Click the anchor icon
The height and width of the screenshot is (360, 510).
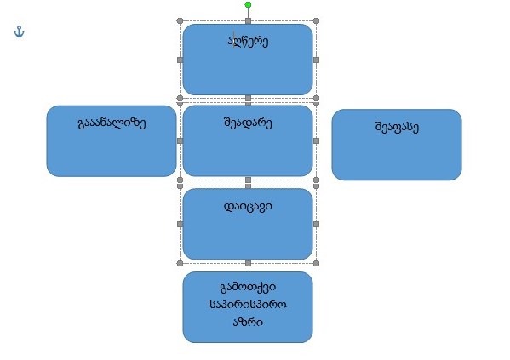coord(20,31)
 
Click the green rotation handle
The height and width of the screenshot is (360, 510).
coord(248,4)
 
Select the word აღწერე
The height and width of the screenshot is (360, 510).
coord(248,42)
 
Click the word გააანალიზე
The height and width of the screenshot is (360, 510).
coord(112,123)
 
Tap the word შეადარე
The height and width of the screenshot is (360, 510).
coord(248,123)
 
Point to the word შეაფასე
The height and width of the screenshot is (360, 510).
coord(397,127)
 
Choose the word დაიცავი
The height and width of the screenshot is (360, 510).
coord(248,206)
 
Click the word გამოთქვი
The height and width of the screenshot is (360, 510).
coord(248,287)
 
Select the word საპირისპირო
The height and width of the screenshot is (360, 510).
coord(248,305)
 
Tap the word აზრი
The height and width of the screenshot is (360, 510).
coord(248,322)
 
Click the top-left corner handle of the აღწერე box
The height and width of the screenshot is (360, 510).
coord(180,20)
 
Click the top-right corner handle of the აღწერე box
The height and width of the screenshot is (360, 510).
coord(316,20)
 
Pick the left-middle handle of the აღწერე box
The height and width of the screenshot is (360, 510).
coord(180,60)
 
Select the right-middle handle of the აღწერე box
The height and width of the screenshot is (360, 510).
coord(316,60)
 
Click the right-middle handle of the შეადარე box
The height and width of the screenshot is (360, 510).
coord(316,140)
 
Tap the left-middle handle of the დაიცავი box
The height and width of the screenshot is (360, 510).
coord(180,225)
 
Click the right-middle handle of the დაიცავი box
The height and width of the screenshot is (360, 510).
coord(316,225)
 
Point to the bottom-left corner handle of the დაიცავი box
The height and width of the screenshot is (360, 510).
coord(180,264)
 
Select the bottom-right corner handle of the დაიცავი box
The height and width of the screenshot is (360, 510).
coord(316,264)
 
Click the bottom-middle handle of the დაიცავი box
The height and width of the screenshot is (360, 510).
coord(248,264)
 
